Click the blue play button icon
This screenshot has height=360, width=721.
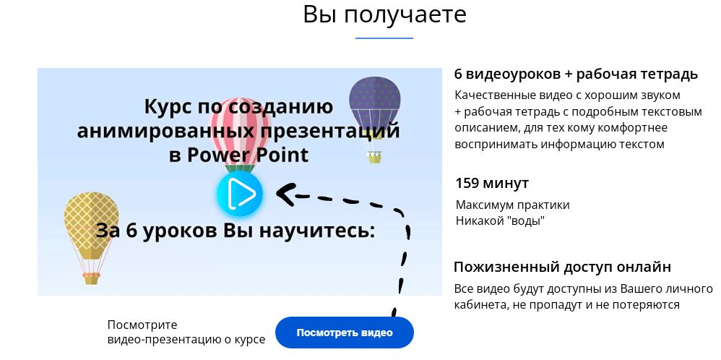(240, 194)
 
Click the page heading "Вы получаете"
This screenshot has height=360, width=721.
(384, 14)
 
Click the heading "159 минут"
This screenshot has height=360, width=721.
(492, 183)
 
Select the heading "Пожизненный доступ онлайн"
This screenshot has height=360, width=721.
(563, 267)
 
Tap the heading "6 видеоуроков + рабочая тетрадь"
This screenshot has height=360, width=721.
(576, 74)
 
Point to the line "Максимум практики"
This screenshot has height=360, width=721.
(512, 205)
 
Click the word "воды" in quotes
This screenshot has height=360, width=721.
(525, 220)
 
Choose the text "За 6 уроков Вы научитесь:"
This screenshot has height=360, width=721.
(236, 231)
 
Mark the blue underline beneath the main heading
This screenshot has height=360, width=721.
(384, 38)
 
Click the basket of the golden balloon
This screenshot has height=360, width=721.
(91, 278)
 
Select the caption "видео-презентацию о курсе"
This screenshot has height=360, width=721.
(186, 339)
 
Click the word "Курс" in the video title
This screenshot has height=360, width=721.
(171, 107)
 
